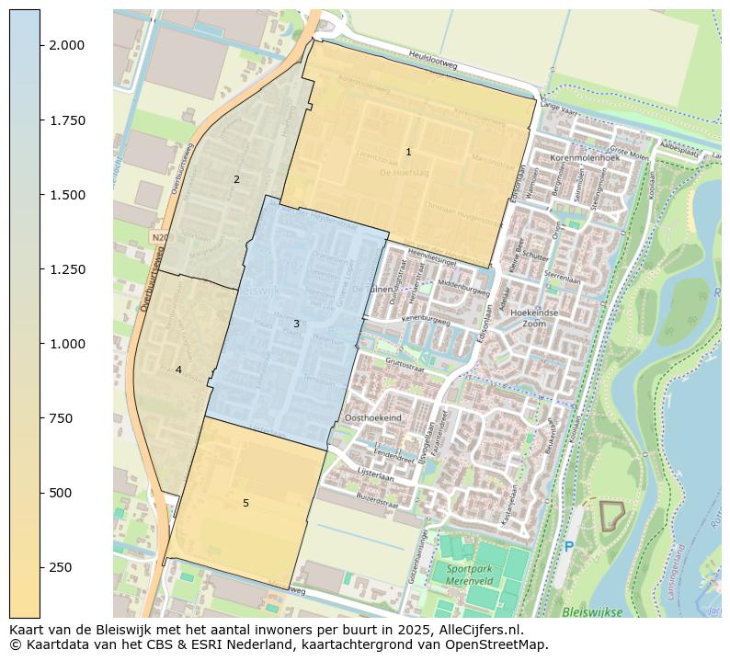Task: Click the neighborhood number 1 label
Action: click(408, 152)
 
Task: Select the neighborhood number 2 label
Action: click(236, 179)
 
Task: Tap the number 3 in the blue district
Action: click(296, 324)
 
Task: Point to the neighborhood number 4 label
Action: click(178, 370)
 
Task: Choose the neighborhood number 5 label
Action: click(245, 503)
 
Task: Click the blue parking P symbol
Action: click(568, 547)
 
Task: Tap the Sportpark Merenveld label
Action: click(470, 575)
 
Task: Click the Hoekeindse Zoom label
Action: click(534, 318)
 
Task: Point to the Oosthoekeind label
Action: click(372, 417)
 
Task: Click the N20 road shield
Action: click(159, 237)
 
